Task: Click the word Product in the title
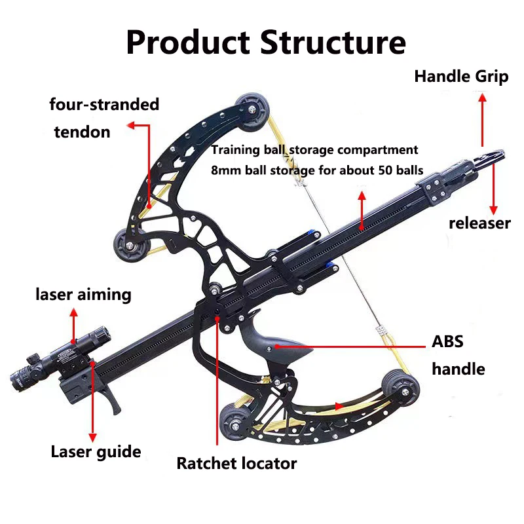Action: [188, 43]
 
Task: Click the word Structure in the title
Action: [333, 43]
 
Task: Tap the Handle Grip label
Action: [461, 77]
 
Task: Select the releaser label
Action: [479, 223]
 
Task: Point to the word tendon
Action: [83, 132]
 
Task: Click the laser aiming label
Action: [83, 295]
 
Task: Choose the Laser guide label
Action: [96, 452]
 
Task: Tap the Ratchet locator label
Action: [236, 463]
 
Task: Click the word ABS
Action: [447, 341]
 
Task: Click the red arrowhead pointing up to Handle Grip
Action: [482, 98]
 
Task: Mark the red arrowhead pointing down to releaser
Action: [493, 210]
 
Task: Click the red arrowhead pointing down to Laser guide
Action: [92, 438]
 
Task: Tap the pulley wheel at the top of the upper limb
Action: [252, 112]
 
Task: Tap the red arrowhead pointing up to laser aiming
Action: [73, 313]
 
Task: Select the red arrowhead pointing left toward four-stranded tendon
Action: [131, 126]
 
